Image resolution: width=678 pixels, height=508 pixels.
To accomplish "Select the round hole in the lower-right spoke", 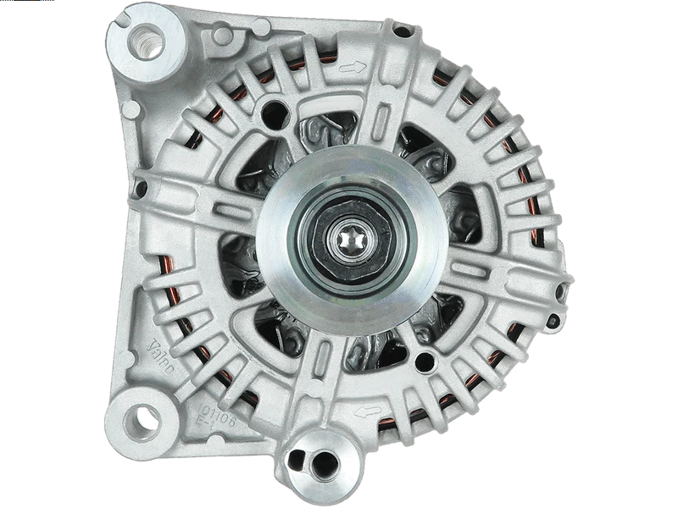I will tap(424, 363).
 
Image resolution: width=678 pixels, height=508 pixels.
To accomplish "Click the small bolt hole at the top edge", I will tap(403, 30).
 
